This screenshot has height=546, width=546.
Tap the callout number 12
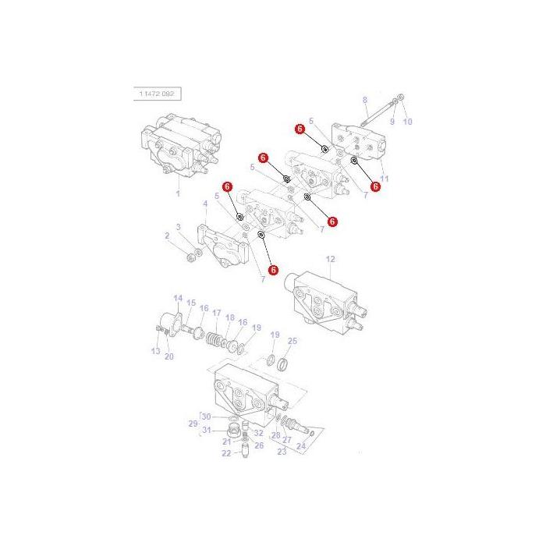tap(330, 258)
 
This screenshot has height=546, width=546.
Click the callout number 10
tap(407, 122)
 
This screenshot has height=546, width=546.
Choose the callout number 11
tap(384, 179)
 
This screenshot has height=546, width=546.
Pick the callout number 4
tap(205, 204)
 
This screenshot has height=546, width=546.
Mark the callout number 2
tap(167, 235)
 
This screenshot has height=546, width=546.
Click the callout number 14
tap(177, 298)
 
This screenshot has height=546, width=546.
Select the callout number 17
tap(216, 313)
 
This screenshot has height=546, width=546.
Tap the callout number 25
tap(292, 341)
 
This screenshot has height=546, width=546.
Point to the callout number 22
tap(226, 453)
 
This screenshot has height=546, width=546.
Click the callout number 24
tap(303, 446)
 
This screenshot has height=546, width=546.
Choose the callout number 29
tap(194, 424)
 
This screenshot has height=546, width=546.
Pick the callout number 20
tap(168, 356)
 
